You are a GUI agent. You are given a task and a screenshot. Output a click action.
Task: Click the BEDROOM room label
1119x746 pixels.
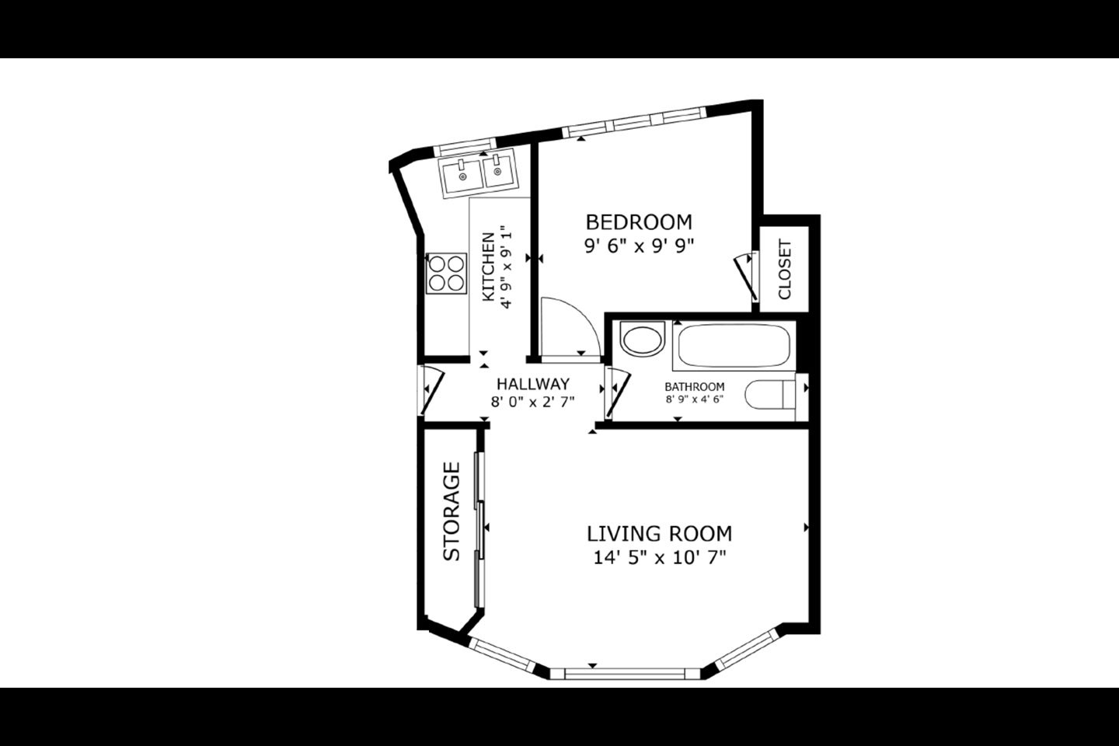click(639, 221)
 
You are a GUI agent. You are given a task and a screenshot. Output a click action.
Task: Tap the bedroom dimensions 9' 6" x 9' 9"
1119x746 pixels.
click(640, 246)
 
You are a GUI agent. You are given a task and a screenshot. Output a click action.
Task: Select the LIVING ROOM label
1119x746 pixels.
click(660, 534)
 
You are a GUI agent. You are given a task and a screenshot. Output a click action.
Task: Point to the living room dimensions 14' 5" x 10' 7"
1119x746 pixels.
click(660, 557)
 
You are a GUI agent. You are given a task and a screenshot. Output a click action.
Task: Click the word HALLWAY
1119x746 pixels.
click(533, 384)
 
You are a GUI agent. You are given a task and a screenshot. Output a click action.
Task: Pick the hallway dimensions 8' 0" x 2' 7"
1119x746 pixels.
click(533, 402)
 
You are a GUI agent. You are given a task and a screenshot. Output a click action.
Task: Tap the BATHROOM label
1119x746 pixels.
click(695, 387)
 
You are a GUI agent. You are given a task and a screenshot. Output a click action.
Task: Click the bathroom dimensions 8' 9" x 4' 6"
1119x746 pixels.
click(695, 399)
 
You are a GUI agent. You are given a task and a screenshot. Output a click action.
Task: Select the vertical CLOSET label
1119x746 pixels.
click(785, 270)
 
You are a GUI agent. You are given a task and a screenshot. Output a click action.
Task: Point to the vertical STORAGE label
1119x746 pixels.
click(451, 511)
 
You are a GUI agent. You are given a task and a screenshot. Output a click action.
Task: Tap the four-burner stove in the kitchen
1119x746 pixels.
click(447, 274)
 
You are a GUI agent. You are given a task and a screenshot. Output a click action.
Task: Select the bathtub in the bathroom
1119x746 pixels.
click(734, 347)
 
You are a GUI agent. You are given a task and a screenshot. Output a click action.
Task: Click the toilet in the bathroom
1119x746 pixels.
click(770, 395)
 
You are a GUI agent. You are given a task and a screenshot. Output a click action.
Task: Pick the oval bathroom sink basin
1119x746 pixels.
click(643, 340)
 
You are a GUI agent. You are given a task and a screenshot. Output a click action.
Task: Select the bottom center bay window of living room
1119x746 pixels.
click(625, 673)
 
